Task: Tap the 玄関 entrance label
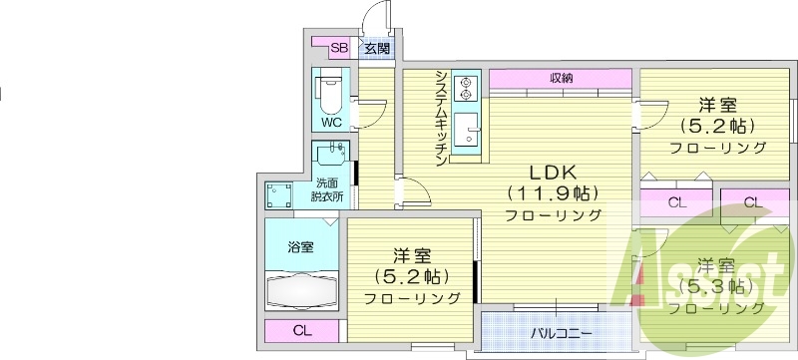coord(375,47)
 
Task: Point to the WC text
coord(330,123)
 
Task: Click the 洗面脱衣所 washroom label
coord(327,189)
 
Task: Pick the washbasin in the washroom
coord(333,156)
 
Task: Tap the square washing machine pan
coord(278,194)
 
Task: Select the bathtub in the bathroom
coord(302,291)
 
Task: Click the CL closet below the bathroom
coord(301,331)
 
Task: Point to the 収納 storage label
coord(561,78)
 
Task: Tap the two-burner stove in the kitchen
coord(465,88)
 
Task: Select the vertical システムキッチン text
coord(439,112)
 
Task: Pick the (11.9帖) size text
coord(552,191)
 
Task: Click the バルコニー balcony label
coord(560,332)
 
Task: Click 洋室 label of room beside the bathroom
coord(411,254)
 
